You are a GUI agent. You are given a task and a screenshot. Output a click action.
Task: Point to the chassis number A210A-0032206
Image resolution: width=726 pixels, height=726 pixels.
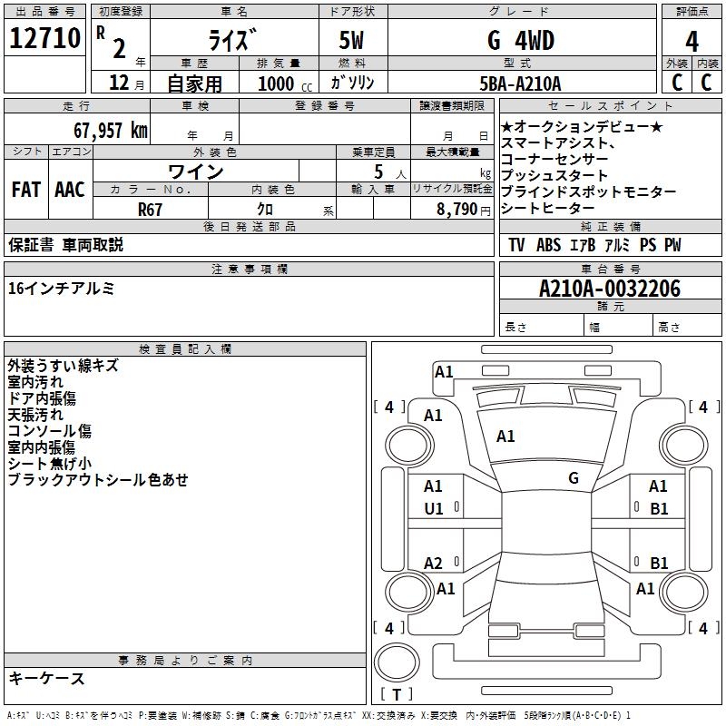point(610,289)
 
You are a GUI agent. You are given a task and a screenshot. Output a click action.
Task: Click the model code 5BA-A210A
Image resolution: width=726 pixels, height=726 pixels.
point(520,83)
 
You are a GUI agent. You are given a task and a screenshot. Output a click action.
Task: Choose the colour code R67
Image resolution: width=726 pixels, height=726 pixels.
point(152,208)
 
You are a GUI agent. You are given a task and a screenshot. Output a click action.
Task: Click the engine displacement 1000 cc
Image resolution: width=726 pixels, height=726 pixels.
point(283,83)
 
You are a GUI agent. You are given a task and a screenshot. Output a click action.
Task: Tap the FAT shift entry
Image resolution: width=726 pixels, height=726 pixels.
point(25,190)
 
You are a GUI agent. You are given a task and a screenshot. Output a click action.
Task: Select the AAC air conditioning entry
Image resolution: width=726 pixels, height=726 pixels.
point(70,190)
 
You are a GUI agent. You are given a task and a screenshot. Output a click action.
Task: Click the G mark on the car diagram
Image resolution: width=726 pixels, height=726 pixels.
point(574,477)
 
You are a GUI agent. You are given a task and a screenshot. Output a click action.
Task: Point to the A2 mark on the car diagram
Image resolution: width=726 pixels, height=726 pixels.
point(434,563)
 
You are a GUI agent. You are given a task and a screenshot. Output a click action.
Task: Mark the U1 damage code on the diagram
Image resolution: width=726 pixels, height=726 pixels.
point(434,509)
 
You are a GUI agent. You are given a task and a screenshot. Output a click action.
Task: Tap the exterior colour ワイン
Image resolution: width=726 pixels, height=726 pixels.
point(196,172)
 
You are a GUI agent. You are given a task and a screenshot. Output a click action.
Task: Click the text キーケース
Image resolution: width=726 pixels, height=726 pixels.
point(46,679)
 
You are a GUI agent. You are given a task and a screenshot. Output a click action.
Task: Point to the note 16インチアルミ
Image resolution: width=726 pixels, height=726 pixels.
point(61,289)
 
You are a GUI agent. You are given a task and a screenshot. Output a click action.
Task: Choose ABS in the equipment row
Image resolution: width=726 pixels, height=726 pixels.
point(548,245)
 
